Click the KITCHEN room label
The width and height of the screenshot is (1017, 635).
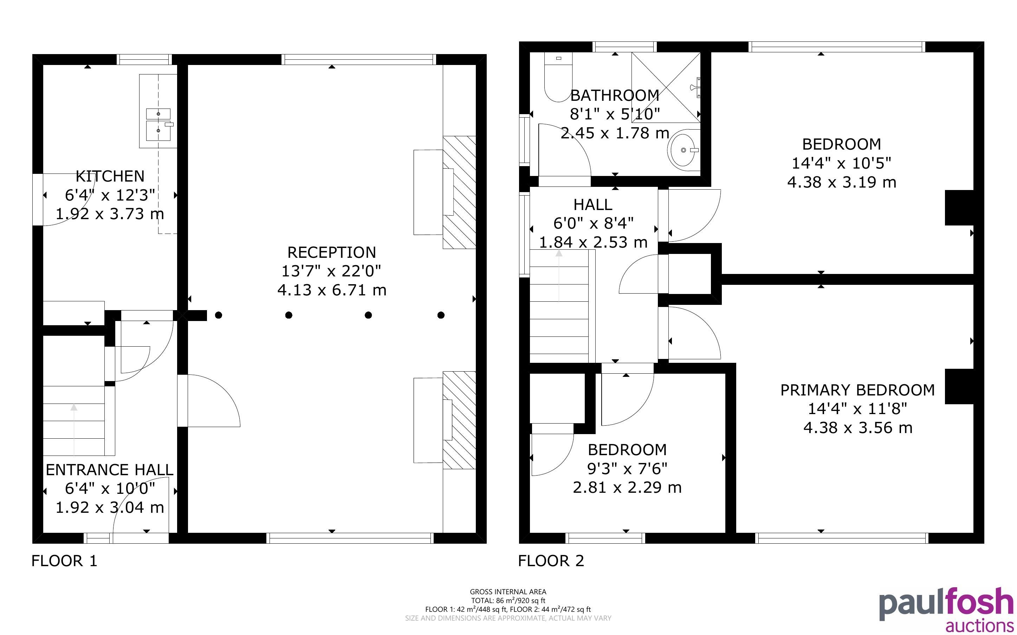click(x=110, y=176)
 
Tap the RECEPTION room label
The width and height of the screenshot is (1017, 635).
click(x=332, y=253)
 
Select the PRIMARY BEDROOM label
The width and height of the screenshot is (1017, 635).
click(x=857, y=390)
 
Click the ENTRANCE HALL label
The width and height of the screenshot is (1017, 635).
click(x=109, y=470)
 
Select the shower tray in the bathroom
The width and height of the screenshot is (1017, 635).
click(x=666, y=87)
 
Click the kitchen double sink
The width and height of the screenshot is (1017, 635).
click(x=159, y=125)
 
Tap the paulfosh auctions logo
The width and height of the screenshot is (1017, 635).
click(x=946, y=609)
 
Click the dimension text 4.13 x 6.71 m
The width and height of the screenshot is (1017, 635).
click(x=332, y=290)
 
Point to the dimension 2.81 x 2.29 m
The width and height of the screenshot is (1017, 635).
click(x=627, y=487)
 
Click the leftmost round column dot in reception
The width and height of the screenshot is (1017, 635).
click(x=219, y=315)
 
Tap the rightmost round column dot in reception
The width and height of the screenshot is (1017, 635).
click(x=441, y=315)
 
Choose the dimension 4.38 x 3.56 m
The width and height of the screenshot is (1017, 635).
click(x=858, y=428)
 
